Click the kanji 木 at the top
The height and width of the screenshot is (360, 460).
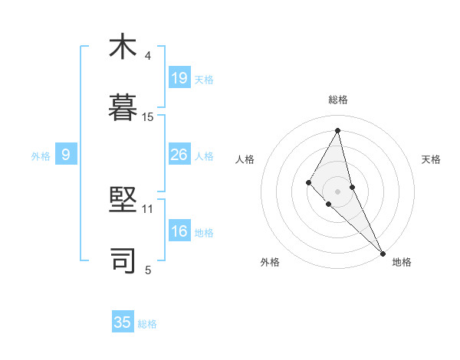pos(123,47)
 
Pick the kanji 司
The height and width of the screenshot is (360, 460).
pos(123,260)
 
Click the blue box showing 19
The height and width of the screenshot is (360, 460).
pos(179,77)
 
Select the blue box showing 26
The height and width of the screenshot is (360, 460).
pos(179,155)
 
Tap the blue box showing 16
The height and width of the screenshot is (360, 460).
pos(179,232)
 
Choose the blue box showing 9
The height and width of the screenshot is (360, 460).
pos(66,155)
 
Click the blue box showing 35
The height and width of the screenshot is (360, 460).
pos(123,322)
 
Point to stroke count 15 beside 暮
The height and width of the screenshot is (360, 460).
pos(148,117)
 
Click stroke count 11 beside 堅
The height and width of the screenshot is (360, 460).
pos(148,208)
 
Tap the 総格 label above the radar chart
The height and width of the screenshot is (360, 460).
pos(338,100)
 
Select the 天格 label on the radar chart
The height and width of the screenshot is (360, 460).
pos(432,159)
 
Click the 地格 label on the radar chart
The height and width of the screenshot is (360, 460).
pos(402,262)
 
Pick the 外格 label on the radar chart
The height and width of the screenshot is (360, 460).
pos(270,262)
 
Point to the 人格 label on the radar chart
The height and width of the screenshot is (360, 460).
pos(245,159)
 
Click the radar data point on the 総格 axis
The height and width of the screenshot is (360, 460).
pos(338,130)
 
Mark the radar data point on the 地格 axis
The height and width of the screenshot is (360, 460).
pos(383,253)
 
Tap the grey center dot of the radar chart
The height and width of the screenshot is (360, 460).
pos(338,191)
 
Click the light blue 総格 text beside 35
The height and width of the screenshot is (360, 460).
pos(147,324)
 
